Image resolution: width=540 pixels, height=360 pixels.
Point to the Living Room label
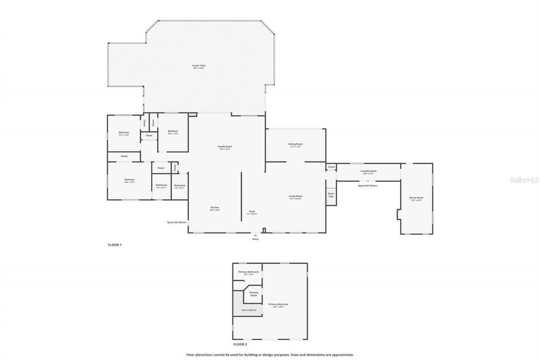pyautogui.click(x=295, y=197)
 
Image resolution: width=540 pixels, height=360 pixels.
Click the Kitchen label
pyautogui.click(x=215, y=208)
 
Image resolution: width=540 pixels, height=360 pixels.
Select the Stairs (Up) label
pyautogui.click(x=331, y=195)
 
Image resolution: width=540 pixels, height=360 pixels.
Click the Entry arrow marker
pyautogui.click(x=255, y=235)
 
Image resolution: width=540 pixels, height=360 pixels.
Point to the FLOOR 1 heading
pyautogui.click(x=115, y=245)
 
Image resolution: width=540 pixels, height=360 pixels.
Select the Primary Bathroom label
pyautogui.click(x=248, y=273)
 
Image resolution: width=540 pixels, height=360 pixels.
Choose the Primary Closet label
pyautogui.click(x=253, y=294)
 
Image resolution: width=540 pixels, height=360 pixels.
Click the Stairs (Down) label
pyautogui.click(x=248, y=310)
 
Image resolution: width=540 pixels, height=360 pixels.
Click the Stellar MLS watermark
pyautogui.click(x=524, y=180)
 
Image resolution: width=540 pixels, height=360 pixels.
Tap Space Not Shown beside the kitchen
pyautogui.click(x=176, y=222)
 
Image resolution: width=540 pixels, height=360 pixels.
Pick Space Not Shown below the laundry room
pyautogui.click(x=367, y=186)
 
